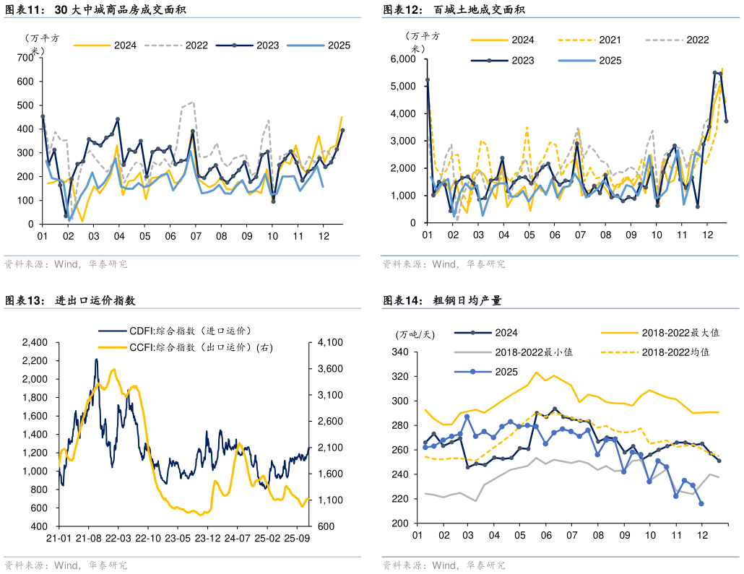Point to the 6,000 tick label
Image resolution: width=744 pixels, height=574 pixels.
(403, 59)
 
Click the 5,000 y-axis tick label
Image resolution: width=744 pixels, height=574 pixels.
(403, 87)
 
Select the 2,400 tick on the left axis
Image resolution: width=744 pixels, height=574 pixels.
(34, 342)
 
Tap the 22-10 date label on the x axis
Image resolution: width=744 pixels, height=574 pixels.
(147, 538)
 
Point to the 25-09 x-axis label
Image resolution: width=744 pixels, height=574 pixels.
(297, 538)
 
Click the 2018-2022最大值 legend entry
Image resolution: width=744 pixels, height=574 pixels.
(680, 333)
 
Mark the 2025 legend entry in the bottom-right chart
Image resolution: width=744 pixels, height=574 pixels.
(506, 372)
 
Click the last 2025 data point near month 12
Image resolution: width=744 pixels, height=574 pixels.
(701, 504)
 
